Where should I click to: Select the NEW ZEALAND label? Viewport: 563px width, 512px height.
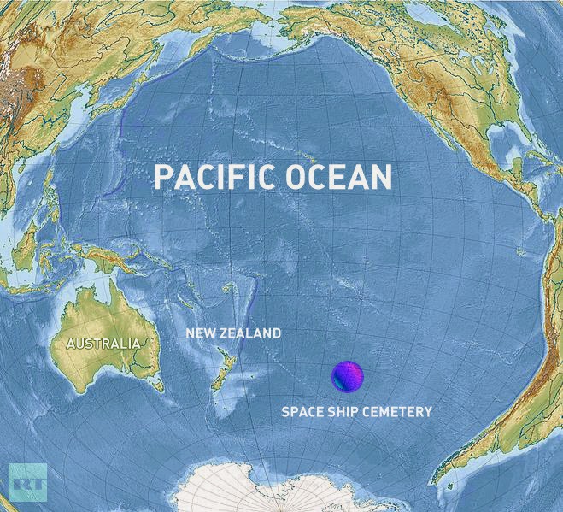point(233,333)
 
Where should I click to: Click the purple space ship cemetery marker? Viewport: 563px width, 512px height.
point(347,376)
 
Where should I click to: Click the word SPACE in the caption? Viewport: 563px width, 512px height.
point(302,412)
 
